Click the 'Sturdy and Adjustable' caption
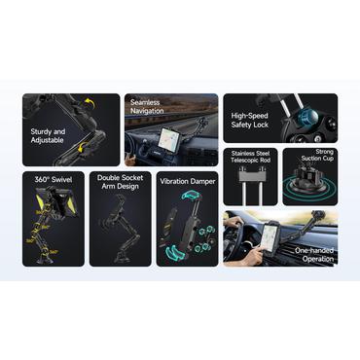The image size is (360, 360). tap(48, 136)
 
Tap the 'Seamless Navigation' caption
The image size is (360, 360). tap(147, 107)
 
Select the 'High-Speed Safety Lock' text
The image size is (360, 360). tap(250, 120)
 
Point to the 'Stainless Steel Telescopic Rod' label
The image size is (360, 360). tap(250, 157)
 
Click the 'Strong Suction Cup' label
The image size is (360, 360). tap(317, 155)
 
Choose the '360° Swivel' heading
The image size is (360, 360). tap(54, 180)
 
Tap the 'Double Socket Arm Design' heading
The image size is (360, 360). tap(120, 182)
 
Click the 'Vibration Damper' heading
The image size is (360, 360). tap(187, 181)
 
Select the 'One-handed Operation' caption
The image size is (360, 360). tap(314, 255)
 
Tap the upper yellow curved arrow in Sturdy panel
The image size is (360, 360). tap(89, 105)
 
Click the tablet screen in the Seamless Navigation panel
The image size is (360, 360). tap(169, 137)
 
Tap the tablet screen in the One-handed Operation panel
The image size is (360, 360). tap(270, 234)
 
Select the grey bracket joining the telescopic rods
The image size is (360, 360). tap(250, 176)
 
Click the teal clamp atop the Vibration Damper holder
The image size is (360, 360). tap(191, 196)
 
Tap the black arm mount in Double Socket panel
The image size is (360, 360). tap(121, 228)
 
